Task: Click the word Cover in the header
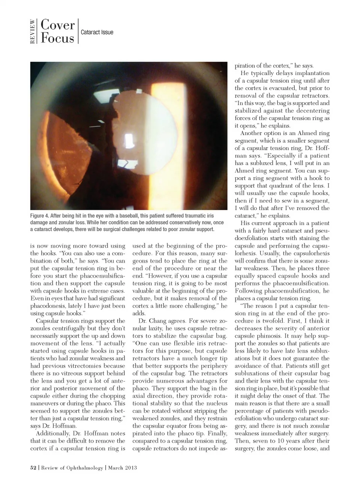[57, 25]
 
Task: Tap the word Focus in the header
[57, 38]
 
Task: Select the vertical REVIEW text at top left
[33, 32]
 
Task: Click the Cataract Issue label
[97, 32]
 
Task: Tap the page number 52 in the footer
[33, 467]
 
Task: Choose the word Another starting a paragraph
[253, 133]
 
